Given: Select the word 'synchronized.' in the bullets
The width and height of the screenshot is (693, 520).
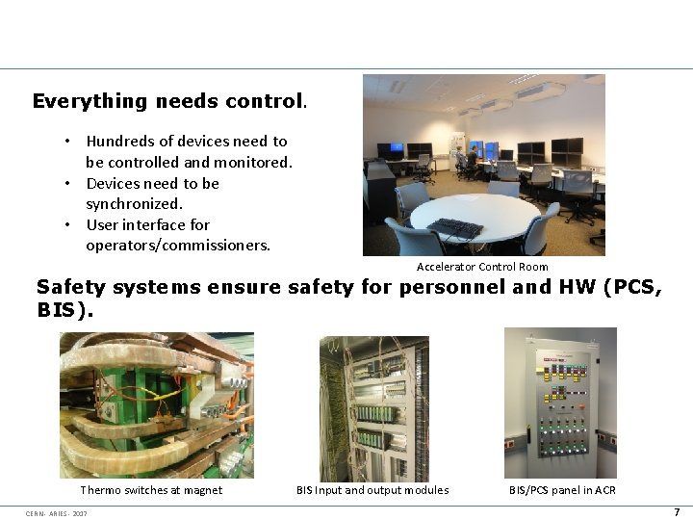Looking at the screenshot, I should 134,204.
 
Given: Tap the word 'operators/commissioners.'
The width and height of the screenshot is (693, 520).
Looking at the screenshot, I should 178,246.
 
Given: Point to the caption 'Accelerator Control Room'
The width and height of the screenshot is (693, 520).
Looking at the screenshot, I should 482,267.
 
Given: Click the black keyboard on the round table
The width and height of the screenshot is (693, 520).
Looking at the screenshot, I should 454,227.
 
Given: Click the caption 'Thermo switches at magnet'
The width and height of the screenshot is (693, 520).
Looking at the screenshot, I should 151,490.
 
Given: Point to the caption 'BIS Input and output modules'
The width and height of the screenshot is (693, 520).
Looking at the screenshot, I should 372,490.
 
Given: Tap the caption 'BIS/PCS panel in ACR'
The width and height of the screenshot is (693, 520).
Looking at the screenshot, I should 562,490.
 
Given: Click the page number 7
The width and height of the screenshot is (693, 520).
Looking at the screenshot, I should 677,512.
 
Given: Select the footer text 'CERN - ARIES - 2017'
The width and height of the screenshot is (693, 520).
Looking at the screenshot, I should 57,513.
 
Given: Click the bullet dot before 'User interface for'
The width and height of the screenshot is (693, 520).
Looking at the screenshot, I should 69,225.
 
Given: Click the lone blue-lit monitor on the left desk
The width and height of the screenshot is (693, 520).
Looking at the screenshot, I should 388,150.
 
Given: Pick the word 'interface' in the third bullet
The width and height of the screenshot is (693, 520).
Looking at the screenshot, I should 153,225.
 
